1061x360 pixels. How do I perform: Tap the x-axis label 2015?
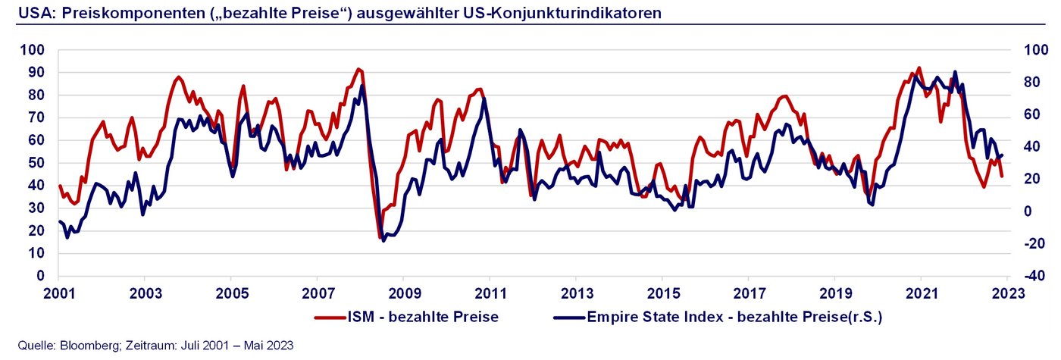(x=662, y=293)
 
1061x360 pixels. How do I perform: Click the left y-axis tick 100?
(x=35, y=50)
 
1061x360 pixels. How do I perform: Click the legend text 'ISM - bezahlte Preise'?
(x=429, y=317)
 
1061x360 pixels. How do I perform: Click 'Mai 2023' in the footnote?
(x=270, y=346)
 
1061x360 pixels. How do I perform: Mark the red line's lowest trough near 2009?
(x=380, y=237)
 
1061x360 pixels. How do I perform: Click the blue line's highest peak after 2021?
(x=955, y=72)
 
